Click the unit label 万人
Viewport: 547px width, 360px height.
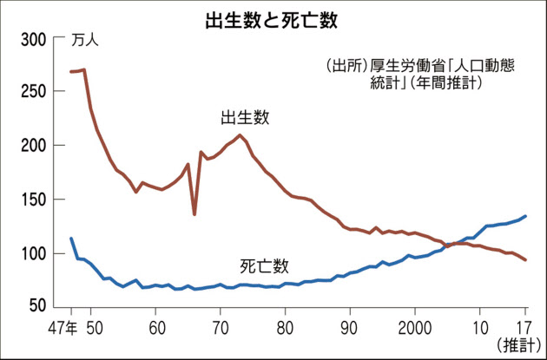point(85,41)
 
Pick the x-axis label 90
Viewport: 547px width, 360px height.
point(349,329)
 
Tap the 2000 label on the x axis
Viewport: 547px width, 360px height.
point(413,329)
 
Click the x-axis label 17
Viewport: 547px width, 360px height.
point(524,329)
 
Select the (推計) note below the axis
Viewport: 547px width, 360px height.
point(517,345)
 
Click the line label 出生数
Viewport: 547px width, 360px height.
point(245,117)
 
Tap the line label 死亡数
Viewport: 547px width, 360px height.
point(264,265)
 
